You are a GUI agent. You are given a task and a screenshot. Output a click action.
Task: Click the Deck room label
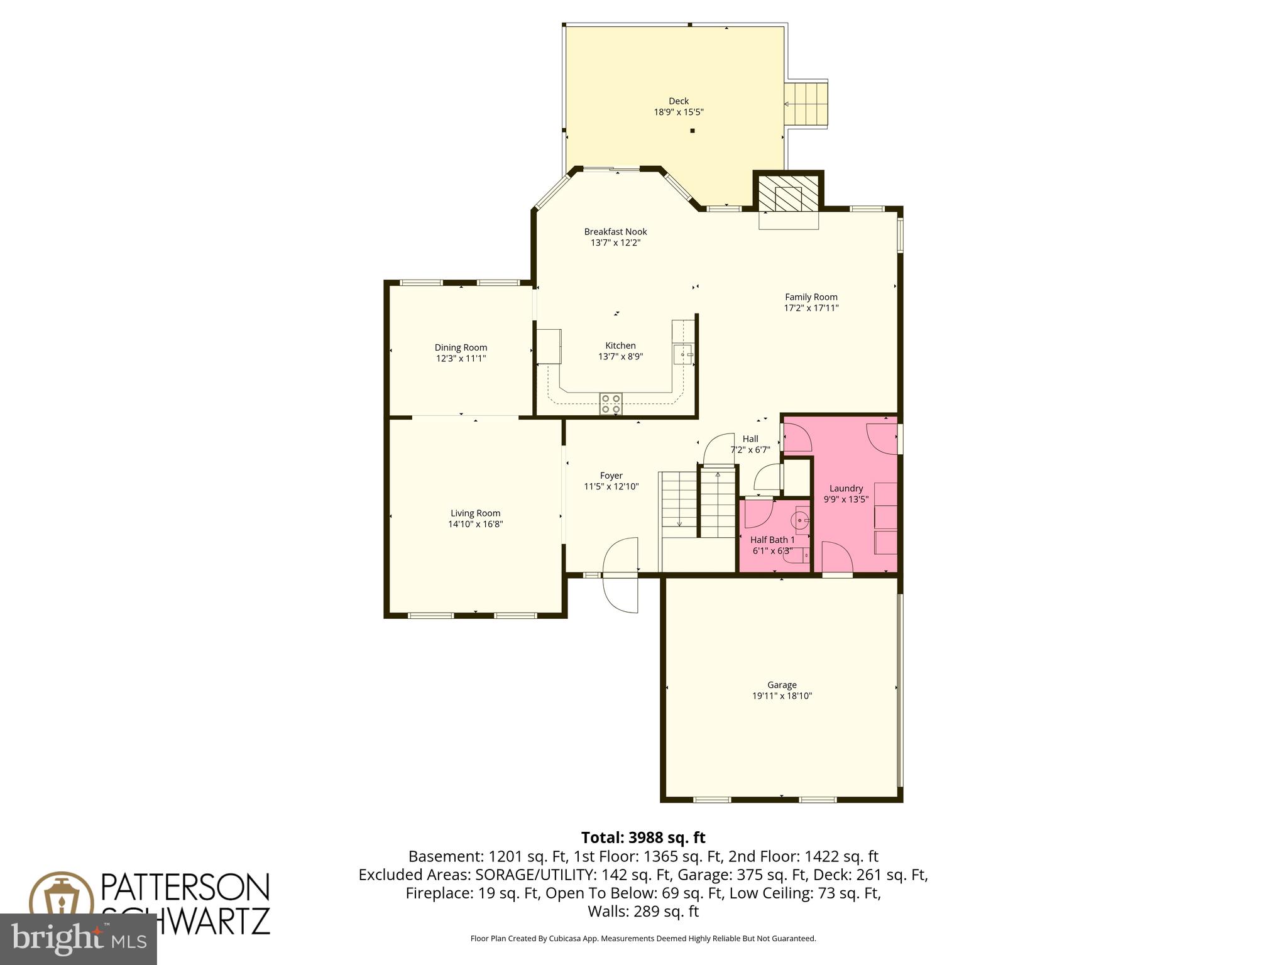click(x=678, y=101)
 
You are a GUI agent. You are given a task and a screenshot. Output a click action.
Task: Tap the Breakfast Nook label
click(x=615, y=232)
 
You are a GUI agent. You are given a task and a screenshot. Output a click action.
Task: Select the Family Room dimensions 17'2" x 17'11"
click(x=811, y=308)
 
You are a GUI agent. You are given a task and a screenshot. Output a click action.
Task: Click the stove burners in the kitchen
click(x=611, y=403)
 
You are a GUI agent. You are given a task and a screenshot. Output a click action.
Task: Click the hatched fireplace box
click(x=789, y=194)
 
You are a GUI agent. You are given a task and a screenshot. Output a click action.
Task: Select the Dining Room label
click(x=461, y=347)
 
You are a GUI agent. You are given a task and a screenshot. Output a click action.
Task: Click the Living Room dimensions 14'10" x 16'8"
click(x=475, y=524)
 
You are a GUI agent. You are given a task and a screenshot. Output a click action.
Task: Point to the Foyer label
click(x=611, y=476)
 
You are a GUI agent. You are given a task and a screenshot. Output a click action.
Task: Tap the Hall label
click(x=750, y=439)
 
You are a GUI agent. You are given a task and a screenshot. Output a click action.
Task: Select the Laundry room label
click(x=846, y=488)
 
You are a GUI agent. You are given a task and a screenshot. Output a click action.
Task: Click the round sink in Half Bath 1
click(x=799, y=520)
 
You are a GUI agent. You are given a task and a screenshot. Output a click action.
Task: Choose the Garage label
click(x=782, y=685)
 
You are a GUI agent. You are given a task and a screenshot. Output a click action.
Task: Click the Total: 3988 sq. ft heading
click(x=643, y=837)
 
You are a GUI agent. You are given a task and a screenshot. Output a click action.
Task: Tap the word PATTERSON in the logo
click(x=185, y=887)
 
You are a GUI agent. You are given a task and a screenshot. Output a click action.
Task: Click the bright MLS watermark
click(x=79, y=939)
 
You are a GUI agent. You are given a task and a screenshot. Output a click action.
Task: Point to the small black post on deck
click(x=693, y=131)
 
